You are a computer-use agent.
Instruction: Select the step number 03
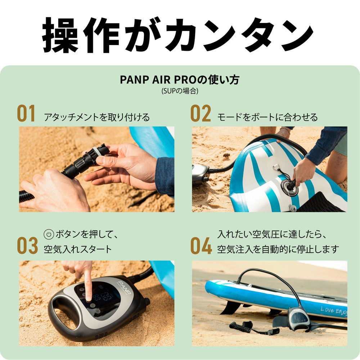tap(27, 246)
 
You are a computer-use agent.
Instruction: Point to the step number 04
tap(201, 246)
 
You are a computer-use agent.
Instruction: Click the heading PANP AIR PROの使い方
tap(180, 80)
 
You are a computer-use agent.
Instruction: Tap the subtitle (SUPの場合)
tap(180, 91)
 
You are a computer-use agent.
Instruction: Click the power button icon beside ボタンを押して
tap(49, 234)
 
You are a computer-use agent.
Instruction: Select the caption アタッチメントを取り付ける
tap(96, 117)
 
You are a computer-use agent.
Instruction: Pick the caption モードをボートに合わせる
tap(267, 117)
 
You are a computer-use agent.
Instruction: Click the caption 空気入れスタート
tap(78, 249)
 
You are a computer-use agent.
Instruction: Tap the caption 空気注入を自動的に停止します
tap(278, 249)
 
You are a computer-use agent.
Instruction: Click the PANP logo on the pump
tap(124, 287)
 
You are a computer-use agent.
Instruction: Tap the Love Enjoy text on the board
tap(334, 311)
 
